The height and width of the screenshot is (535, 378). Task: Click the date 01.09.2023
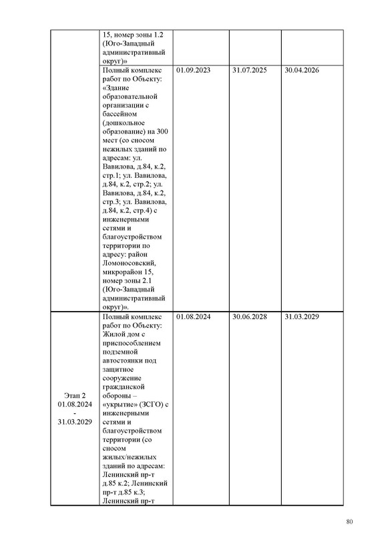(194, 70)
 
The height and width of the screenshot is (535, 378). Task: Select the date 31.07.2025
(249, 70)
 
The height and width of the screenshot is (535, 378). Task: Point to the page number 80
(349, 522)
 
